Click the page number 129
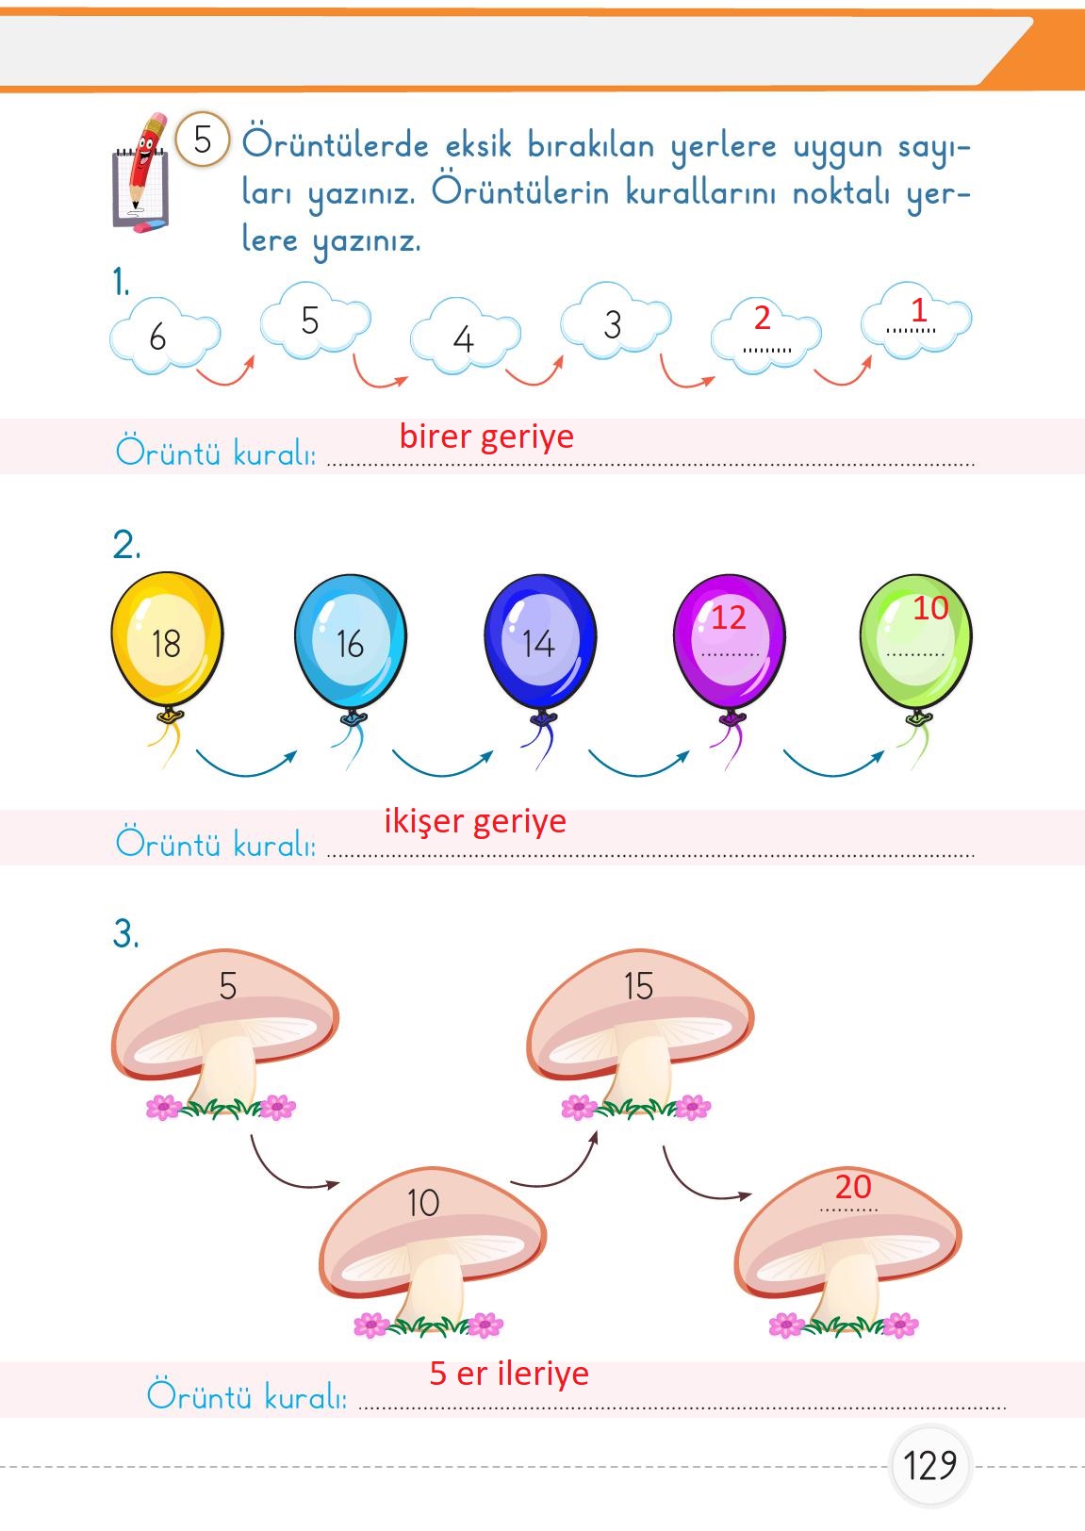pyautogui.click(x=929, y=1466)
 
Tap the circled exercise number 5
pyautogui.click(x=203, y=140)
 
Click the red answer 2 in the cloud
pyautogui.click(x=763, y=318)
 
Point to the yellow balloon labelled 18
pyautogui.click(x=167, y=641)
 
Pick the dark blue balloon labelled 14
pyautogui.click(x=540, y=641)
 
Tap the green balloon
pyautogui.click(x=915, y=641)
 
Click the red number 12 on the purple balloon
pyautogui.click(x=729, y=617)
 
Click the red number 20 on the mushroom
pyautogui.click(x=853, y=1187)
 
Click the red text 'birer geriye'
pyautogui.click(x=486, y=436)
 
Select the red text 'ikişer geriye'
pyautogui.click(x=475, y=821)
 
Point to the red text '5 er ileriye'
pyautogui.click(x=509, y=1374)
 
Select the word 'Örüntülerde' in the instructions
pyautogui.click(x=336, y=146)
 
